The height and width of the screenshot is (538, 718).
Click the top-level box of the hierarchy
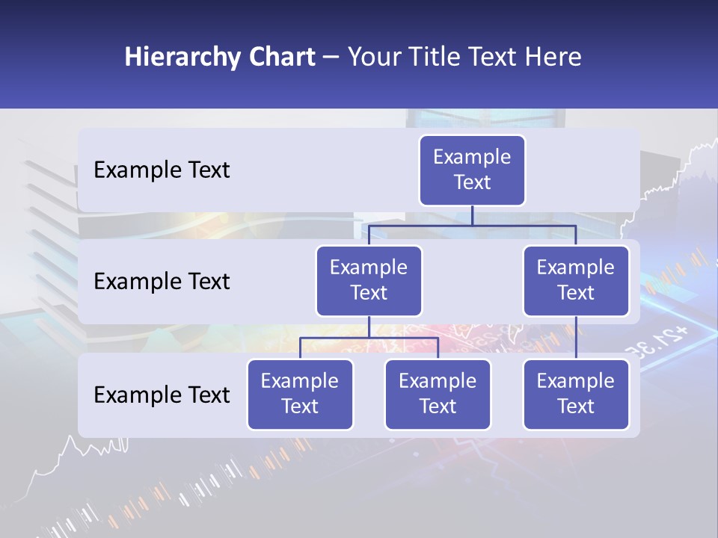[x=472, y=170]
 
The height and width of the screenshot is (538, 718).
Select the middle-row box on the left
[x=369, y=280]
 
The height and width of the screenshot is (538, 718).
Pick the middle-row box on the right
[x=576, y=280]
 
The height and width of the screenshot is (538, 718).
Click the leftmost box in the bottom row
[x=300, y=394]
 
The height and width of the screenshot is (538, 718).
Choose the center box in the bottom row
[x=438, y=394]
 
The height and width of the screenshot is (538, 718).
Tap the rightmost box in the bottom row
[x=576, y=394]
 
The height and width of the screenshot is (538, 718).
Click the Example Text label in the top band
[x=162, y=170]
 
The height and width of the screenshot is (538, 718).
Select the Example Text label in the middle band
[x=162, y=282]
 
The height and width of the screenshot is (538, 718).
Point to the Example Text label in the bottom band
[x=162, y=395]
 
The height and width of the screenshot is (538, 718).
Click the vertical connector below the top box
[x=472, y=215]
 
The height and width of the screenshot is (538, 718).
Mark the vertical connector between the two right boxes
[x=576, y=338]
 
